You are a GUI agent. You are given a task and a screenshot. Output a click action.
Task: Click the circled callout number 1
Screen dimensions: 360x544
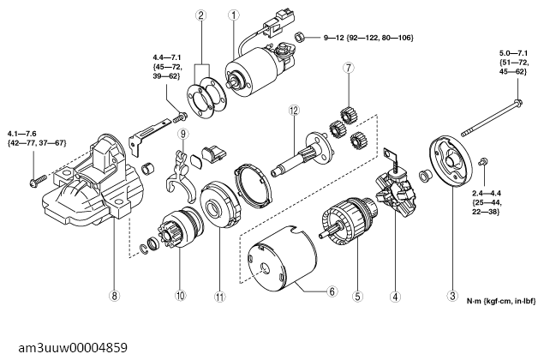tap(234, 15)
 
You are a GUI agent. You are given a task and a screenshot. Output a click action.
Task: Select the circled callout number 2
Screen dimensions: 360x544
tap(200, 15)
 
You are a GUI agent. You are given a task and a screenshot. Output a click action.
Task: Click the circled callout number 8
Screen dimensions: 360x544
tap(113, 297)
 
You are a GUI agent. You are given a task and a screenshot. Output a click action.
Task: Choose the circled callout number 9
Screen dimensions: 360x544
tap(182, 134)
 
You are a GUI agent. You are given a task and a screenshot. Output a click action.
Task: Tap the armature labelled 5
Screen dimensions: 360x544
tap(347, 225)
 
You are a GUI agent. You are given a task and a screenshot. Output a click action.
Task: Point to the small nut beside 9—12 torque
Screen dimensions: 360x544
tap(302, 38)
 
